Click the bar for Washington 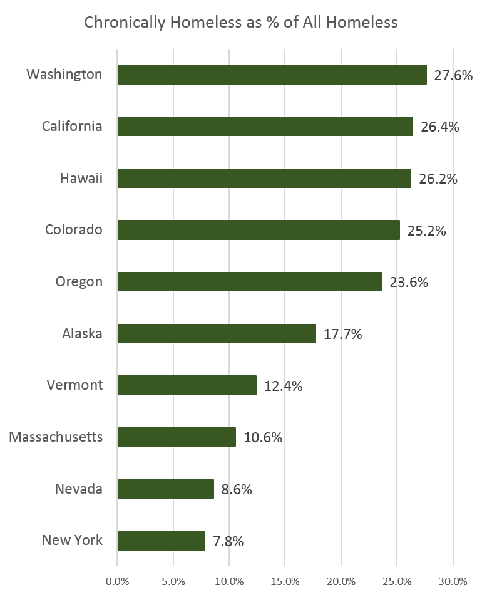click(272, 75)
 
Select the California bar click(265, 126)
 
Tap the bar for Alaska click(217, 333)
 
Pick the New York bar click(161, 541)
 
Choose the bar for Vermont click(187, 385)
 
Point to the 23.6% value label click(409, 283)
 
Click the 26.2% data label click(438, 179)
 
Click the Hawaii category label click(81, 178)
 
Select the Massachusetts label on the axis click(56, 437)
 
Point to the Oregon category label click(78, 281)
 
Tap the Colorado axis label click(73, 229)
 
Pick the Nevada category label click(78, 489)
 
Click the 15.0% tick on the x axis click(285, 581)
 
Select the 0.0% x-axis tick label click(117, 581)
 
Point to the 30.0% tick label click(453, 581)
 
